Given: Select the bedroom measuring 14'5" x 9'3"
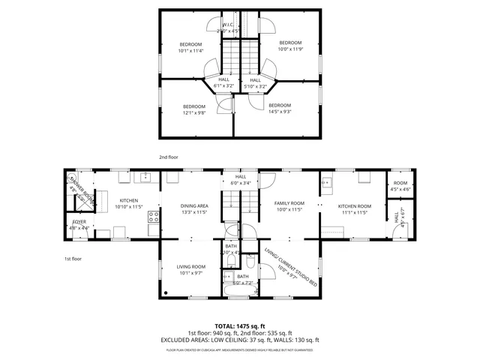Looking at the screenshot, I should click(279, 108).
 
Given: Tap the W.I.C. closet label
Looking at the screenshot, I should click(228, 28).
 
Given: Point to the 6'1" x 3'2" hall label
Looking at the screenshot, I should click(223, 83).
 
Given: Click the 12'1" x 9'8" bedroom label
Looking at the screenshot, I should click(194, 109).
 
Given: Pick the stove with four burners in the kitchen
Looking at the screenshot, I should click(154, 217).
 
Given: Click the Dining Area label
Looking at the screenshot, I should click(194, 209).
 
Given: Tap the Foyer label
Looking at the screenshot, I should click(78, 225).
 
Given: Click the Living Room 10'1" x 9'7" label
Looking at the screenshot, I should click(191, 270).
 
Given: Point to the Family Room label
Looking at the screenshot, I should click(289, 206).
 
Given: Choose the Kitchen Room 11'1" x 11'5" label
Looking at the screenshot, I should click(354, 209).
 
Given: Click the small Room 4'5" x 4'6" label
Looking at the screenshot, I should click(401, 186).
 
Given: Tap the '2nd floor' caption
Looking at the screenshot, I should click(168, 157).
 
